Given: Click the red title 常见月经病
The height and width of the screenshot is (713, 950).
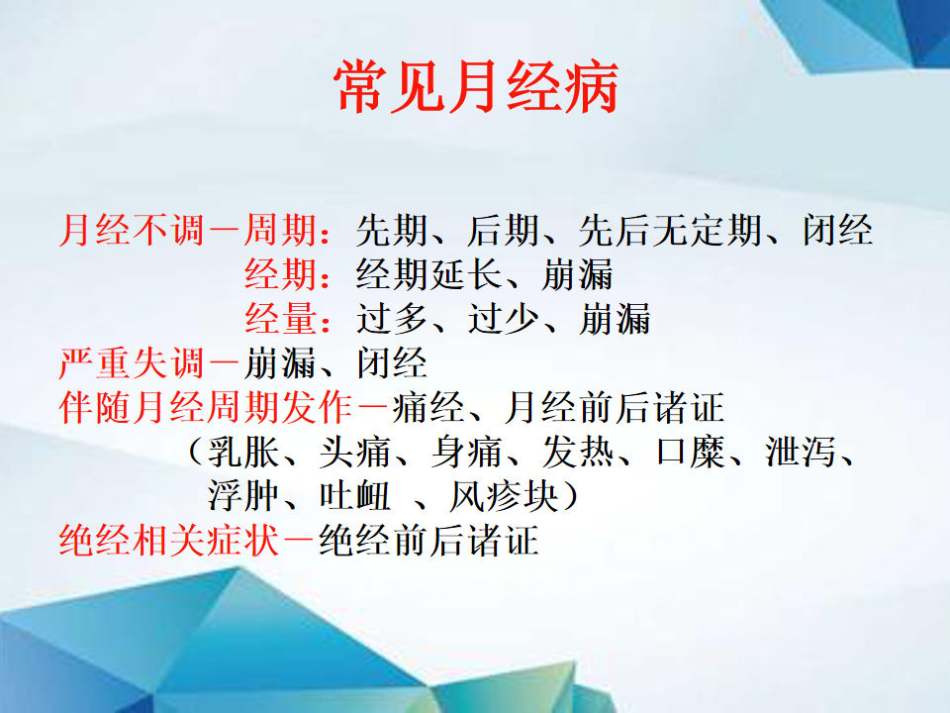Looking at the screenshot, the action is click(x=476, y=87).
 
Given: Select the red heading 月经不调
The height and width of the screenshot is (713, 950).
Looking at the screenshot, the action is click(x=132, y=231).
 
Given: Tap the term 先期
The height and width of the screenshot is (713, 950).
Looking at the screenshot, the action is click(x=392, y=231).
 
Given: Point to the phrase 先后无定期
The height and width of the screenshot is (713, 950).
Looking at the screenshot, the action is click(x=670, y=231).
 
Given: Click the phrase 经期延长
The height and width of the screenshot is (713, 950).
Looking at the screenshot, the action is click(x=428, y=275).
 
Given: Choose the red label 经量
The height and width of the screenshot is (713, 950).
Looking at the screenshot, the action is click(x=280, y=320).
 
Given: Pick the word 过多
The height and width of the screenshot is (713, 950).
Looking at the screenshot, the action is click(x=392, y=320).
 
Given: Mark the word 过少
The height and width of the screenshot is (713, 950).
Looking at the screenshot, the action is click(x=504, y=320).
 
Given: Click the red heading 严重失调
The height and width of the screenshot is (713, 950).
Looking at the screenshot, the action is click(x=132, y=363).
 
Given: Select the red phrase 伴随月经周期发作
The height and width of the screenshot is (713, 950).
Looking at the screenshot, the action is click(x=206, y=408).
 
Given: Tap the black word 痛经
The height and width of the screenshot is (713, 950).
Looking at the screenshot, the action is click(x=428, y=408).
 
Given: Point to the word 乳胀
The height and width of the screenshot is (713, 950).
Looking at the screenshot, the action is click(x=243, y=453).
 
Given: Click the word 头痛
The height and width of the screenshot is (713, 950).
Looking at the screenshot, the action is click(x=355, y=453).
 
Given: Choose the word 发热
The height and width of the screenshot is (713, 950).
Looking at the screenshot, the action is click(x=578, y=453).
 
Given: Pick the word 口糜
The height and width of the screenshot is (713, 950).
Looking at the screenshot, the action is click(x=692, y=453).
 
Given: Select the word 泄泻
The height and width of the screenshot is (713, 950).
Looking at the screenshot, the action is click(x=801, y=453).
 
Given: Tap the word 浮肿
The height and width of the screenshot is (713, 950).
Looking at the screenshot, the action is click(x=243, y=496).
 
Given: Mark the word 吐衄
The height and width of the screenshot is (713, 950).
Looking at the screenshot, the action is click(x=355, y=496).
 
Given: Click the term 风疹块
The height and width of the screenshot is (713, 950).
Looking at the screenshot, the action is click(x=504, y=496).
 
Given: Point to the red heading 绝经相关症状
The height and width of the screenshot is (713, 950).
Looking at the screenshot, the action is click(x=168, y=541).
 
